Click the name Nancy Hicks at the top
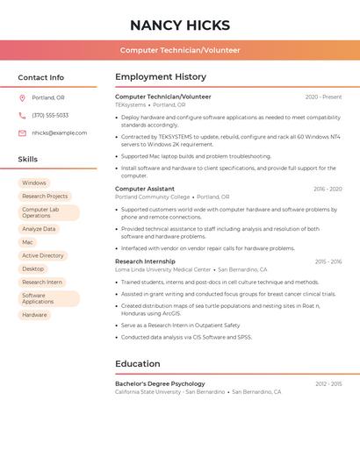180,25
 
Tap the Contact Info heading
40,77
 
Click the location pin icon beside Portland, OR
22,97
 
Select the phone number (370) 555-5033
50,115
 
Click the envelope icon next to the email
22,132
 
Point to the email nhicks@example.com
60,132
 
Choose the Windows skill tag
34,183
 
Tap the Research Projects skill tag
45,197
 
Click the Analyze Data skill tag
39,229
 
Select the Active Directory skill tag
43,255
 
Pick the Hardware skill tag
35,315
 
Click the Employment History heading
161,77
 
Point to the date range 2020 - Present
323,97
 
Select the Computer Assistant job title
145,189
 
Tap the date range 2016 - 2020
328,189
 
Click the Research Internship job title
145,261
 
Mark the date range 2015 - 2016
328,261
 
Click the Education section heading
138,364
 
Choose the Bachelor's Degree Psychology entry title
160,383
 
